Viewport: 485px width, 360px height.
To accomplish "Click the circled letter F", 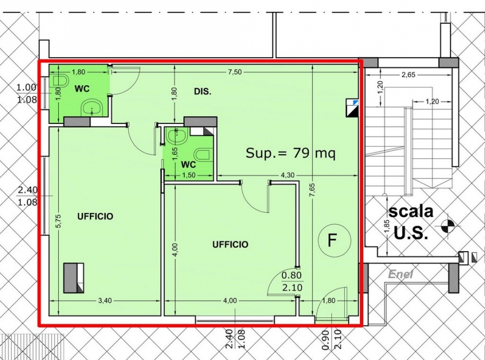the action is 335,240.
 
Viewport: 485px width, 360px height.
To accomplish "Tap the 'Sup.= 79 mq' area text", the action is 290,153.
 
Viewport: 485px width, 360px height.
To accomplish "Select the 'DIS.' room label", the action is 203,92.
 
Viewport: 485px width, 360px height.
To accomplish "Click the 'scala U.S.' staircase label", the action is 411,222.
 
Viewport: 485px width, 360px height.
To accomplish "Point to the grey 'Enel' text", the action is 400,274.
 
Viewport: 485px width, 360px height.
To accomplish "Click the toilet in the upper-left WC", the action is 60,80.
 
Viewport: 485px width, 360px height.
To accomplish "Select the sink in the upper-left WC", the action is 92,108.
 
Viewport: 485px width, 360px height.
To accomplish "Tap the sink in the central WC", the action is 177,137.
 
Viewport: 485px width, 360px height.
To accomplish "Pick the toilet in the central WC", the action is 204,155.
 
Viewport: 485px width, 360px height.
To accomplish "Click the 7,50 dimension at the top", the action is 235,72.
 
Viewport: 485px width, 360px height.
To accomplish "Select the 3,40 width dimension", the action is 105,301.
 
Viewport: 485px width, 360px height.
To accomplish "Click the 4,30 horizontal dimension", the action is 288,175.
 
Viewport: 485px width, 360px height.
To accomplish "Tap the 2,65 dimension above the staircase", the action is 408,75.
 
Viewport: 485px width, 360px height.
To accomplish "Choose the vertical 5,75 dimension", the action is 59,221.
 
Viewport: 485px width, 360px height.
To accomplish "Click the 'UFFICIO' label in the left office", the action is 95,217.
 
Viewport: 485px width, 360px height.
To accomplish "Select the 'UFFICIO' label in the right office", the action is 230,245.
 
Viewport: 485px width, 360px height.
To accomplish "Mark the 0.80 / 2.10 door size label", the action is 292,281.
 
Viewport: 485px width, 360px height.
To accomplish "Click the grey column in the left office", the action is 74,278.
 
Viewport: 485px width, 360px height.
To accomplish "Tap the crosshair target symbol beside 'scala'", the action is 448,225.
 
